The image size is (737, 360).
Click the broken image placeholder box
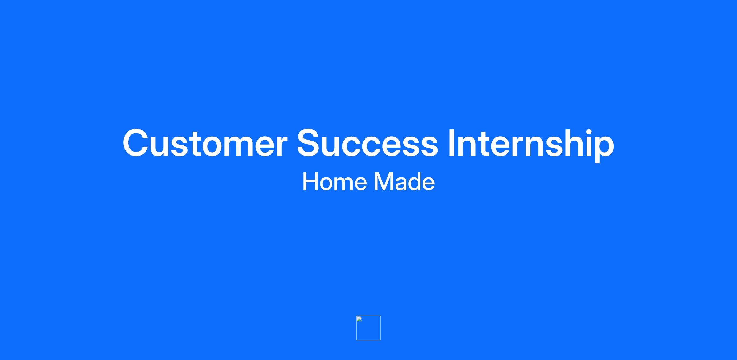coord(368,328)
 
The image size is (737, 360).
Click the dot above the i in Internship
coord(585,131)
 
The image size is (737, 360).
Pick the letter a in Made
coord(400,184)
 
